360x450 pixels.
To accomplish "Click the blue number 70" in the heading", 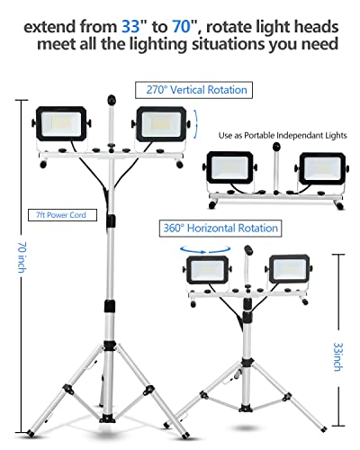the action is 184,26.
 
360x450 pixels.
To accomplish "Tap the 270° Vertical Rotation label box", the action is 193,90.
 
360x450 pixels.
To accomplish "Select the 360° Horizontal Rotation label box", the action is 220,229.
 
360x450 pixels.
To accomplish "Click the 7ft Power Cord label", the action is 62,215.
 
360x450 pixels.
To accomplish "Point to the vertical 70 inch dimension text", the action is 22,257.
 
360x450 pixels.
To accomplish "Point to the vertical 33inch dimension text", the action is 338,356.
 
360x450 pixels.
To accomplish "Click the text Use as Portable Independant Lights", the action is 283,136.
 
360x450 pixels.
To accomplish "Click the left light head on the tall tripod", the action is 61,123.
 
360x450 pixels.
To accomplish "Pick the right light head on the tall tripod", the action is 161,124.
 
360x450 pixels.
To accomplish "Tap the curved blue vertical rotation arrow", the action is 196,124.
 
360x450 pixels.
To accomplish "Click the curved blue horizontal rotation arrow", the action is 205,250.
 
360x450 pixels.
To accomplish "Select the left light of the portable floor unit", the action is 230,167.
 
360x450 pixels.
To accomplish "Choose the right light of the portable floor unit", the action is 322,168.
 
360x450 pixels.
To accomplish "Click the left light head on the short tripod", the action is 207,269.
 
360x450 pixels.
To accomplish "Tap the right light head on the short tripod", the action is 289,269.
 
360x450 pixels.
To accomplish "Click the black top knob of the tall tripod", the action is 112,100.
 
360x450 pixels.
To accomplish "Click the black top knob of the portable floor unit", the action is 276,148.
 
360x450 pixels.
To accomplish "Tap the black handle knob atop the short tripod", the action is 248,249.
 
